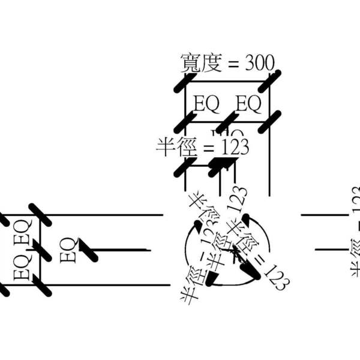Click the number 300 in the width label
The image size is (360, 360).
(x=259, y=63)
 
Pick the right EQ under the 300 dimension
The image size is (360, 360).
(x=248, y=104)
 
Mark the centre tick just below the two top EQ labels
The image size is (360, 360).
(x=227, y=122)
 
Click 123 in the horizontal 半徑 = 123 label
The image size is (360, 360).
(x=233, y=147)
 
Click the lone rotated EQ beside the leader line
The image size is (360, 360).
(x=68, y=250)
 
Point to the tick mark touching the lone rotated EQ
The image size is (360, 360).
(x=88, y=250)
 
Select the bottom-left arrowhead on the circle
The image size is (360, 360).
(x=211, y=279)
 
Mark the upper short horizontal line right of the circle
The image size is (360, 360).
(x=324, y=214)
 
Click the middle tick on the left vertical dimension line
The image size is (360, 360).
(x=40, y=250)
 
